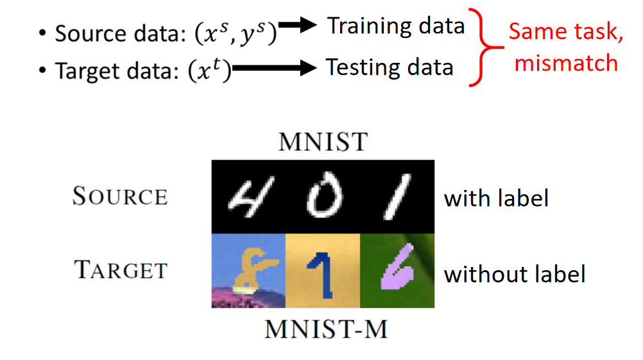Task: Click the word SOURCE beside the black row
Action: click(x=120, y=196)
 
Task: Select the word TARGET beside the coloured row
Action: click(x=121, y=270)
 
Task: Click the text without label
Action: click(x=515, y=274)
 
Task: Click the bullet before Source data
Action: click(x=42, y=33)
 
